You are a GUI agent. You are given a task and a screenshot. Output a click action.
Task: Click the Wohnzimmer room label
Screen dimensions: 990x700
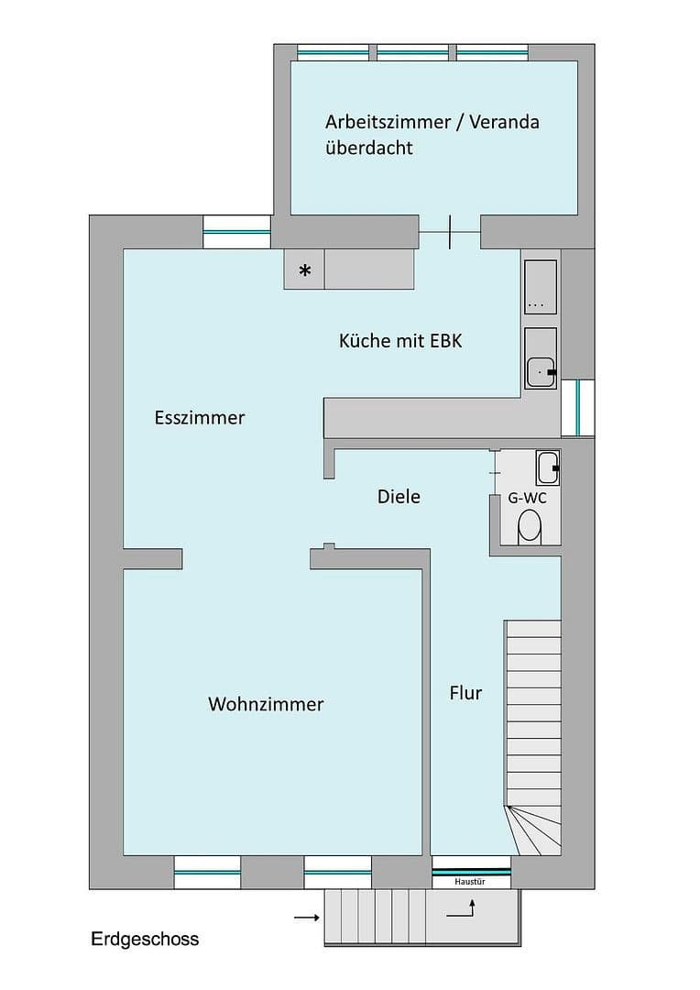click(x=266, y=704)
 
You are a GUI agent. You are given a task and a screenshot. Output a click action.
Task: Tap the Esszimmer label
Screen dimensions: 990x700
click(x=200, y=418)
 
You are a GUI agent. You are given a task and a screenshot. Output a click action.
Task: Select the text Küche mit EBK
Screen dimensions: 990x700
click(x=400, y=341)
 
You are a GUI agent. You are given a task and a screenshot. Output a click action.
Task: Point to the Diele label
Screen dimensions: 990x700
click(x=399, y=497)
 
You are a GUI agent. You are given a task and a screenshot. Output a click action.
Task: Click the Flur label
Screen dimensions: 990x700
click(x=465, y=693)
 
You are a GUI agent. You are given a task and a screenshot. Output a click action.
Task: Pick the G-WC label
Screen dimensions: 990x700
click(x=528, y=500)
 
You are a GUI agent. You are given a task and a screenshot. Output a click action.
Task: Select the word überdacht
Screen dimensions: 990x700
click(x=368, y=148)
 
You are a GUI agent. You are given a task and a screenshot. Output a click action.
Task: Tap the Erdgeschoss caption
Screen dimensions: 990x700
click(x=145, y=939)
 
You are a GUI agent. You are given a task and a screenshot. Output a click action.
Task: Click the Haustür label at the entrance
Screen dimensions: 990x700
click(x=470, y=882)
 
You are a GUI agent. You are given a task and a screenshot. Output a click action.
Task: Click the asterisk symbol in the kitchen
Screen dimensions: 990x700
click(x=305, y=270)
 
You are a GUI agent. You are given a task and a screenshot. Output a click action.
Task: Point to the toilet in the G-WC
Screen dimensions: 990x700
click(x=530, y=527)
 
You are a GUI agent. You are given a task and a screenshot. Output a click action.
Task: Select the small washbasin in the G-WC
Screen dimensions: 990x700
click(x=547, y=467)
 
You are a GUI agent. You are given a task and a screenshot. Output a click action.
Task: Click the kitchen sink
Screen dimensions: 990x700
click(x=541, y=359)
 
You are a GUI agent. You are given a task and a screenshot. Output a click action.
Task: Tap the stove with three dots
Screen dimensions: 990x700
click(x=541, y=288)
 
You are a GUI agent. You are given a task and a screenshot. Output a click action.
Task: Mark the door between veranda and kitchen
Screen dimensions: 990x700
click(x=450, y=232)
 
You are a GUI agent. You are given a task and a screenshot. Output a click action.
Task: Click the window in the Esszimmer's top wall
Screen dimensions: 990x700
click(x=236, y=232)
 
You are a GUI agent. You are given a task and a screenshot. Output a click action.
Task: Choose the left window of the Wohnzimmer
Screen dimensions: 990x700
click(x=207, y=873)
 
